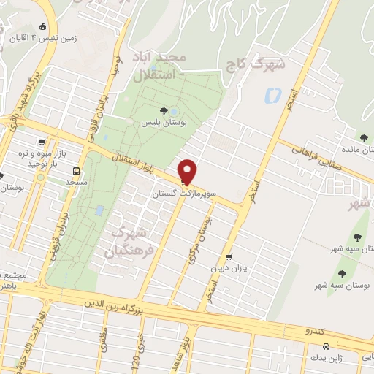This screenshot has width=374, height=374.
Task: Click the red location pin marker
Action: pyautogui.click(x=188, y=172)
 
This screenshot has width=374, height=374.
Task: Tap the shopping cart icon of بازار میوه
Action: pyautogui.click(x=42, y=143)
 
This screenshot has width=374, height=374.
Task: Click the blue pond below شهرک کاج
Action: pyautogui.click(x=272, y=95)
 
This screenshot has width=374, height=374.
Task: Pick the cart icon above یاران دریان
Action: pyautogui.click(x=229, y=256)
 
